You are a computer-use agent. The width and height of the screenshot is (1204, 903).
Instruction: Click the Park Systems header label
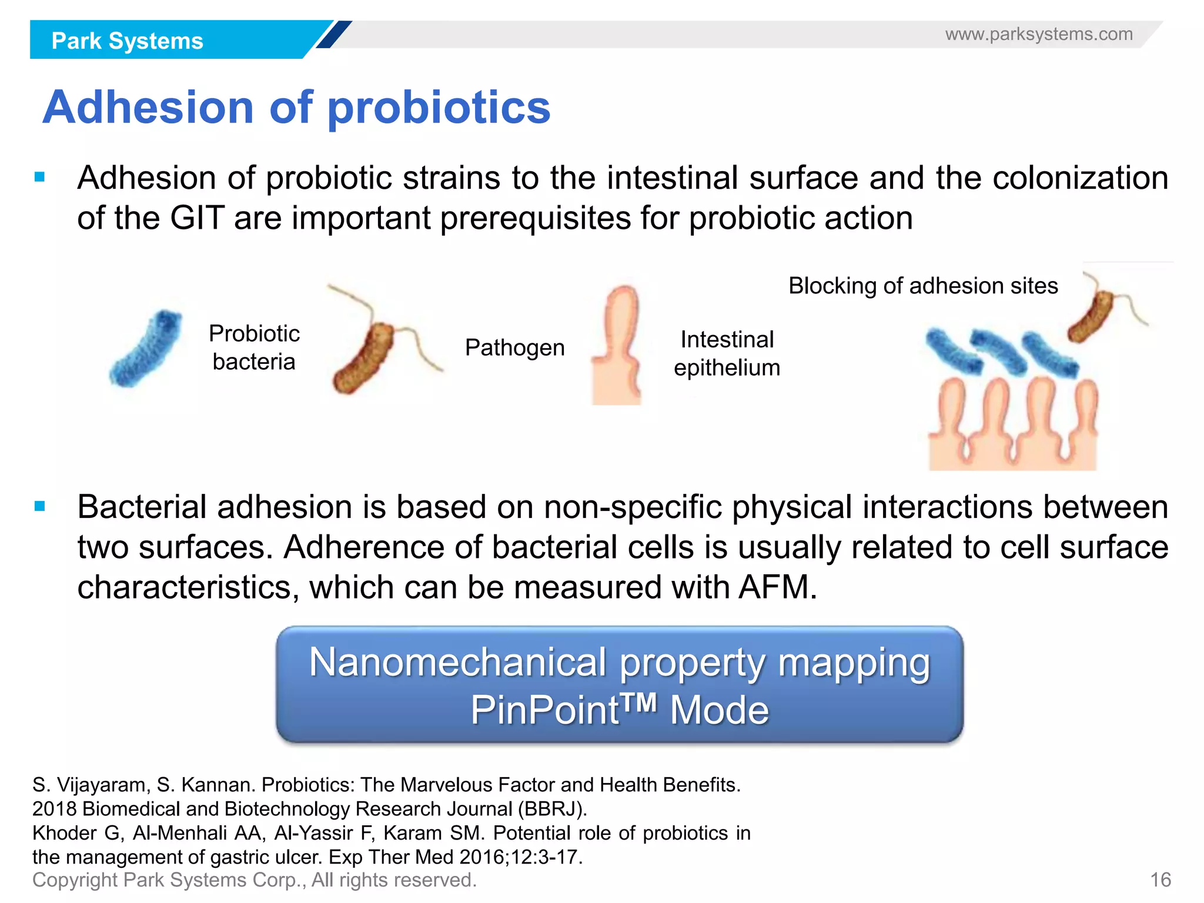pos(127,41)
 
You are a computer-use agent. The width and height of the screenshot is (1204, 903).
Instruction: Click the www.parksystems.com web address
pos(1039,34)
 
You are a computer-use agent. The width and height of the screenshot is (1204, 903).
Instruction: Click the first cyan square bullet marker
pos(40,177)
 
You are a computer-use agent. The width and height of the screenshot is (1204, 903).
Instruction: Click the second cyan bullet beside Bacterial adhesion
pos(40,506)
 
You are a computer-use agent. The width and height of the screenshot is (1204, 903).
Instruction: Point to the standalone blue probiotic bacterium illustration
pos(145,348)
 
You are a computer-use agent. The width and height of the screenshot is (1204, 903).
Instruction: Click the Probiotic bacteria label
pos(254,347)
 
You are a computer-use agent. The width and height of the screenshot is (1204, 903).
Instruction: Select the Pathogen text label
pos(514,347)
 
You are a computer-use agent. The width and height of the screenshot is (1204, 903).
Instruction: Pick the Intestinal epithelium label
pos(727,353)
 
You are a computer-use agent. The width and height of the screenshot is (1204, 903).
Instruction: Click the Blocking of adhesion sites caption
pos(923,286)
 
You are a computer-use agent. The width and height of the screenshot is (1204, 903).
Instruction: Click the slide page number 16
pos(1160,880)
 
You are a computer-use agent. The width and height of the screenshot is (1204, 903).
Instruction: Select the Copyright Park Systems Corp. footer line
pos(254,880)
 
